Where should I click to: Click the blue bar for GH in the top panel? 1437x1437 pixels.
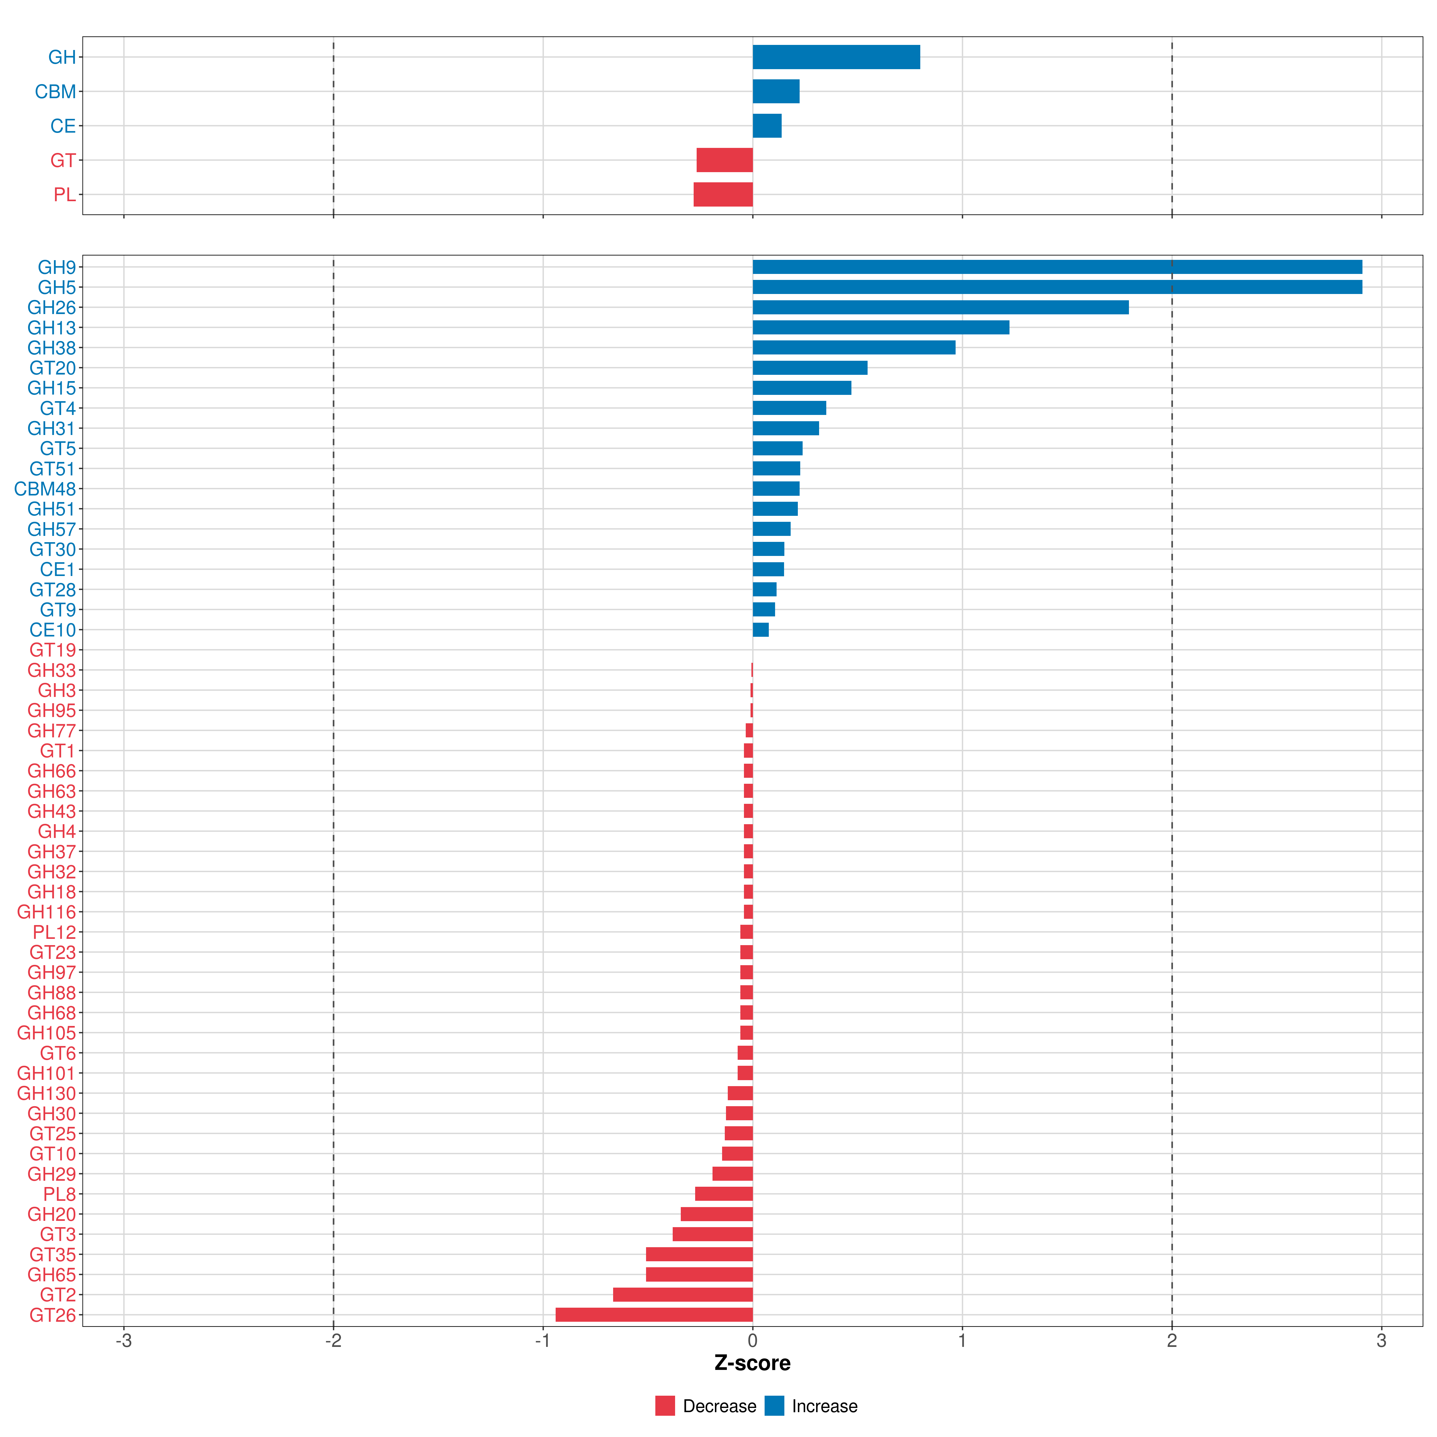(836, 57)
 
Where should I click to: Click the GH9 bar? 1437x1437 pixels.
(1057, 267)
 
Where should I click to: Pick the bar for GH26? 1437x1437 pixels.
(940, 307)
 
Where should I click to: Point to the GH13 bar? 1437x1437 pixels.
(881, 327)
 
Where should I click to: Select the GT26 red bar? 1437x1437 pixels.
(654, 1315)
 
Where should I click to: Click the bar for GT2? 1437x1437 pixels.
(683, 1295)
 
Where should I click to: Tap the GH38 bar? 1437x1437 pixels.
(854, 347)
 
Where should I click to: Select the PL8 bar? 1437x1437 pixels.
(724, 1194)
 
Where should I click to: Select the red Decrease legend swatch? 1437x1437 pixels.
(665, 1406)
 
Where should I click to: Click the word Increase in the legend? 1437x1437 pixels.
(824, 1406)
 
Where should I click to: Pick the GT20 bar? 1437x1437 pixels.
(810, 367)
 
